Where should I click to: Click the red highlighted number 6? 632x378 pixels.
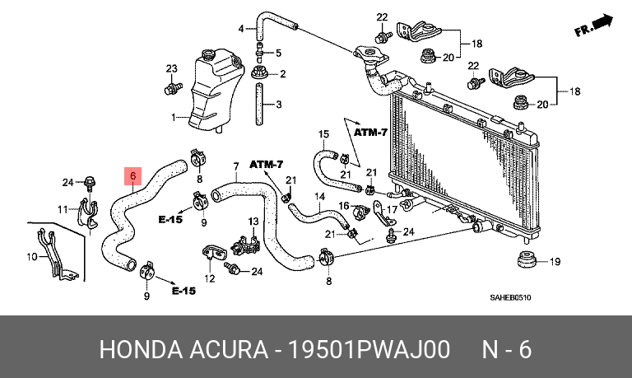coord(133,175)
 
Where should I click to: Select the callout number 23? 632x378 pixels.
coord(172,68)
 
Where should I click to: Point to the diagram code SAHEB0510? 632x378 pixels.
coord(510,298)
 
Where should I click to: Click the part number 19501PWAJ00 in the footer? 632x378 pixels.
coord(368,349)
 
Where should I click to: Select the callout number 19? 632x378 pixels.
coord(555,261)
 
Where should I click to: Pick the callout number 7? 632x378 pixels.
coord(236,166)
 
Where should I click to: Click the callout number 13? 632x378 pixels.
coord(253,221)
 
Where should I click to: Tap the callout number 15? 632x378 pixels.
coord(323,133)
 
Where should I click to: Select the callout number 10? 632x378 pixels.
coord(32,257)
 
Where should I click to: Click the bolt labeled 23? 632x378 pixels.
coord(174,86)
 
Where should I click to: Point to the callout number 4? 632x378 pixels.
coord(241,29)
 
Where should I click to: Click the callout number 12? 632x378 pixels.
coord(210,278)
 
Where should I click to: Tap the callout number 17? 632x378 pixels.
coord(392,209)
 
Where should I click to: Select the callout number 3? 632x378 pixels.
coord(278,105)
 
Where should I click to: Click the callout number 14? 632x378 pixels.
coord(319,197)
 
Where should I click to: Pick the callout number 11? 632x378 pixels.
coord(63,209)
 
